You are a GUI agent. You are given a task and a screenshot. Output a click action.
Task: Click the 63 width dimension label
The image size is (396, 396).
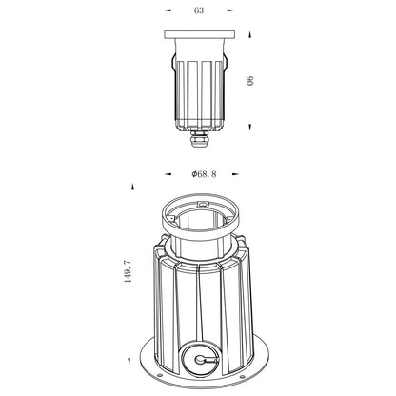199,10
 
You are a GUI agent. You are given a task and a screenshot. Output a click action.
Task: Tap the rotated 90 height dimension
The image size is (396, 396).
250,81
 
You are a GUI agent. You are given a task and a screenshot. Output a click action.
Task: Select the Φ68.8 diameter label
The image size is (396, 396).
204,174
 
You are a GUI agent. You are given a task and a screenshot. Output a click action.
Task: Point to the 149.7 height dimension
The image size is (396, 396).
127,271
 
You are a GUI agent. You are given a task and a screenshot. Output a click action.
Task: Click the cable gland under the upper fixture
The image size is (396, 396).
199,139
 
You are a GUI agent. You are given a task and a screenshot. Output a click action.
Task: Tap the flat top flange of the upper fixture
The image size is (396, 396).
200,34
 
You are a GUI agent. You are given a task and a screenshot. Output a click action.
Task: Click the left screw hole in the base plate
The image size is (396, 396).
159,376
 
